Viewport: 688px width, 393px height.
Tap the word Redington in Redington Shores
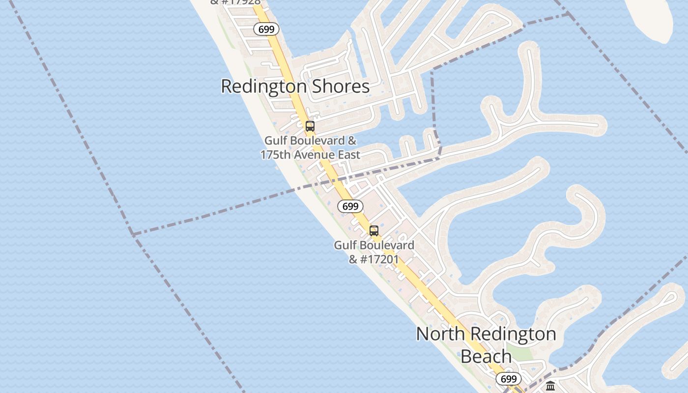point(264,86)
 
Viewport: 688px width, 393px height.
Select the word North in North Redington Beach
point(440,334)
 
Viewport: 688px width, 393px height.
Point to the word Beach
point(486,356)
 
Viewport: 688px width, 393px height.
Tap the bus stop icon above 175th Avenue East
point(310,126)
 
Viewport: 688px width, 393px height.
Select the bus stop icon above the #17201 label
point(374,231)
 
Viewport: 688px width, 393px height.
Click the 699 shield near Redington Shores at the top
point(266,29)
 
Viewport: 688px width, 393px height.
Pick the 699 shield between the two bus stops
point(350,206)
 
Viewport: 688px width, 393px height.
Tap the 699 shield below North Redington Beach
point(509,379)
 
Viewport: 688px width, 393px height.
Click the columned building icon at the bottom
point(550,386)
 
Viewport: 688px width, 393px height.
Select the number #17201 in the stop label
point(379,259)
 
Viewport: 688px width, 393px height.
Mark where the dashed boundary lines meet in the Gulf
point(133,234)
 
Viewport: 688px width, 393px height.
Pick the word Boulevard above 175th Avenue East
point(317,140)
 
